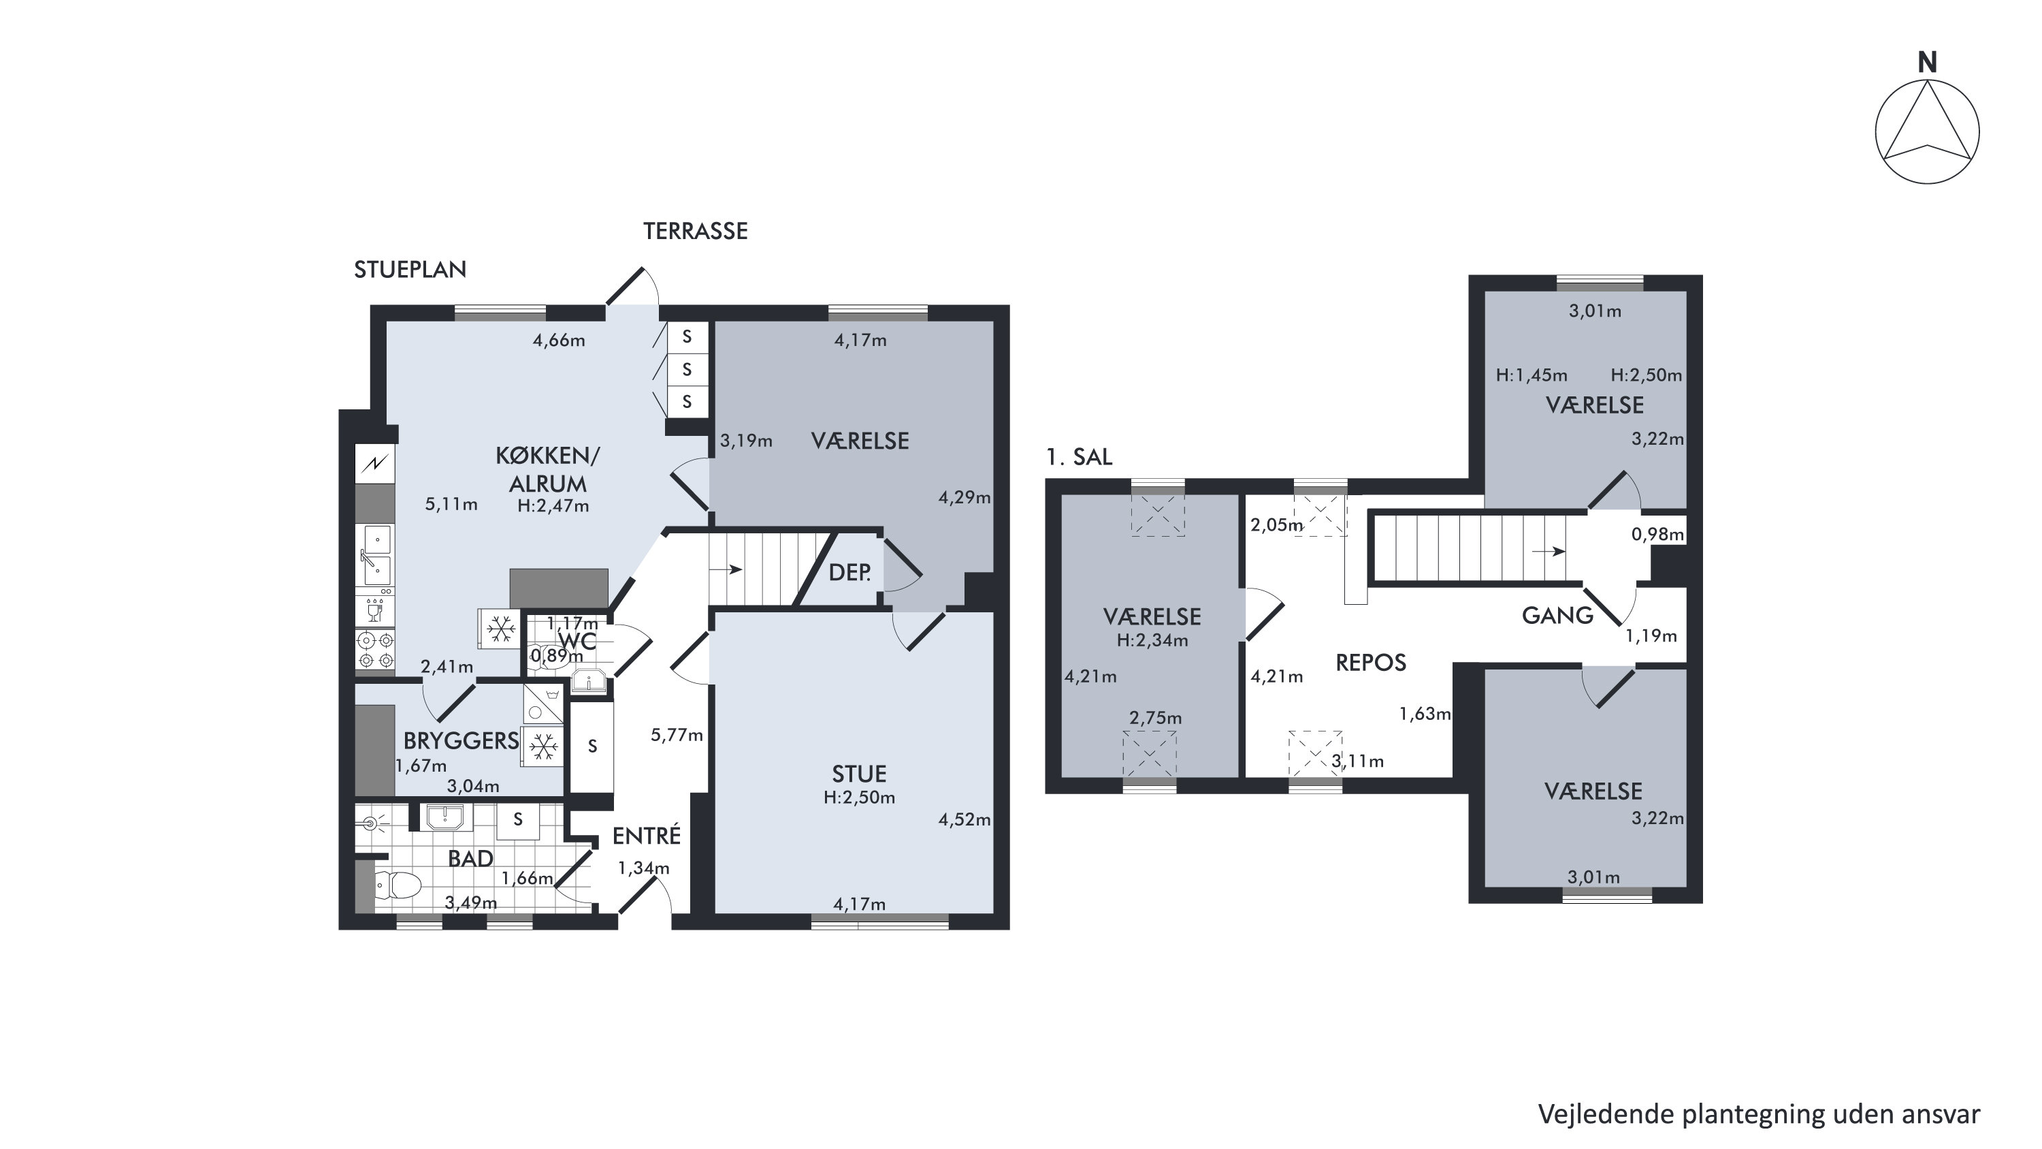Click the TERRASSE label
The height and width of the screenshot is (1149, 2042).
tap(695, 231)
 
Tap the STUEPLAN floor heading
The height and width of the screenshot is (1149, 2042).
tap(410, 270)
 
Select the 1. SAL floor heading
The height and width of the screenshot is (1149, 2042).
tap(1079, 457)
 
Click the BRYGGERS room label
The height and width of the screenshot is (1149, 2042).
tap(461, 740)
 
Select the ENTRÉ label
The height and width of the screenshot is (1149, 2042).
tap(647, 835)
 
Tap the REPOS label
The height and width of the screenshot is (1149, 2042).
tap(1371, 662)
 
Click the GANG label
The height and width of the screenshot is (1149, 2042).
tap(1557, 615)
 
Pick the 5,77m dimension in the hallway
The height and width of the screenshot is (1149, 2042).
tap(677, 735)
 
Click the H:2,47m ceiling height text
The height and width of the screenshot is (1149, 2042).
tap(553, 506)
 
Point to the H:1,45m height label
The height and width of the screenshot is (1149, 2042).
tap(1531, 375)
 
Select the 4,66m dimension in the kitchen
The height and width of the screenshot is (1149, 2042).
tap(559, 340)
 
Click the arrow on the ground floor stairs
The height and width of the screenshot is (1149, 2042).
tap(726, 569)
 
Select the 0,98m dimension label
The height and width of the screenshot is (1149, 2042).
tap(1657, 535)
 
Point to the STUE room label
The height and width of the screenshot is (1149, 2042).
tap(859, 774)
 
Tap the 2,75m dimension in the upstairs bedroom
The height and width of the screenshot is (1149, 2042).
tap(1156, 719)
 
